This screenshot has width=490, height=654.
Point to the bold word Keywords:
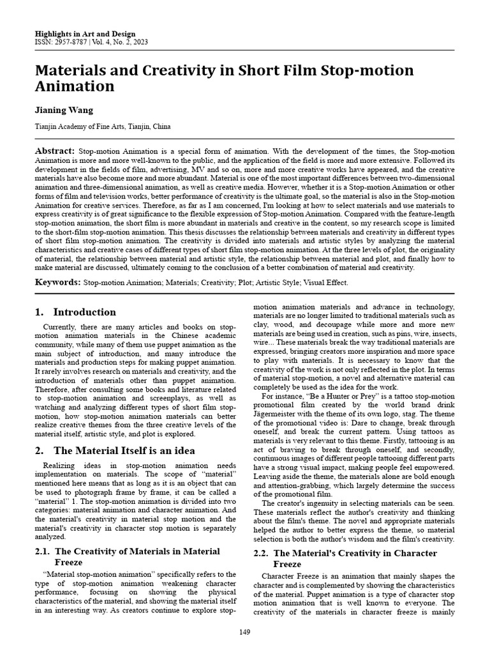pos(57,282)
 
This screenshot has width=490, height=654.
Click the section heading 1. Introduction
pos(75,312)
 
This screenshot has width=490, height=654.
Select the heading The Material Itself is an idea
pos(124,451)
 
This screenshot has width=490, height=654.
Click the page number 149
pos(244,632)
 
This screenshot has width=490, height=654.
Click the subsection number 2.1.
pos(42,551)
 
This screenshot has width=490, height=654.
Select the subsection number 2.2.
pos(262,553)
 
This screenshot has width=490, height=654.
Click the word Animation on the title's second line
pos(75,86)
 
